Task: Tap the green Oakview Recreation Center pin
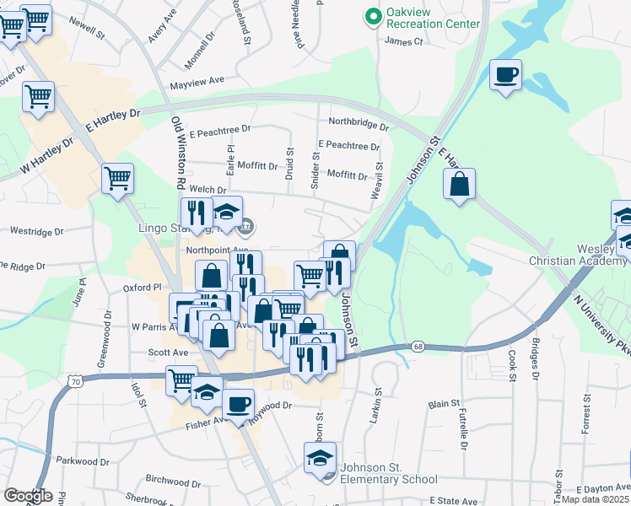click(x=372, y=16)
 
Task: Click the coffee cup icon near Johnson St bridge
click(x=505, y=75)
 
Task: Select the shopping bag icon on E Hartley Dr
click(x=459, y=184)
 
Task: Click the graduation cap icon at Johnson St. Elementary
click(x=320, y=458)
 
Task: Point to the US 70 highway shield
click(x=65, y=382)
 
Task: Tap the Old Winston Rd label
click(x=178, y=153)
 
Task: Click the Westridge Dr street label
click(x=36, y=231)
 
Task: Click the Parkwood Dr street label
click(x=83, y=461)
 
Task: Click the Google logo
click(x=28, y=496)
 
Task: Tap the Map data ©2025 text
click(x=596, y=499)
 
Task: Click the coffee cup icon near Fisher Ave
click(x=238, y=404)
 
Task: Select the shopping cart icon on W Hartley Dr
click(x=117, y=178)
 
